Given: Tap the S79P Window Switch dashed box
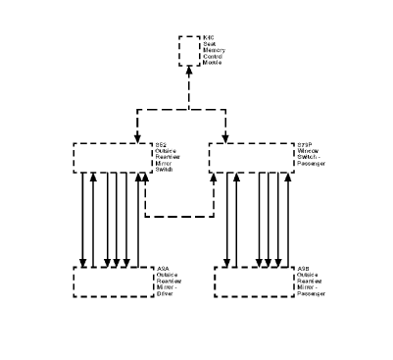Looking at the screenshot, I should pos(250,158).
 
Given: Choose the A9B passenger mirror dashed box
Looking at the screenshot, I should pos(250,281).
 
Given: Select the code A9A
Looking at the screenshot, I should pos(163,268).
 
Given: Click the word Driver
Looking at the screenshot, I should pos(165,292).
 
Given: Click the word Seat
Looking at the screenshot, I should pos(211,45).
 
